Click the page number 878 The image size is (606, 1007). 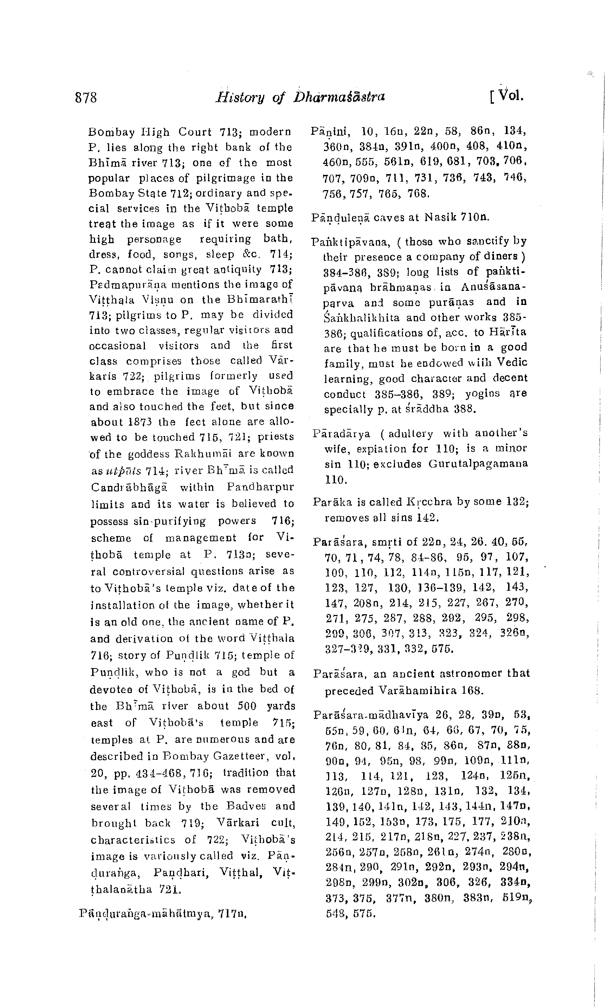coord(86,98)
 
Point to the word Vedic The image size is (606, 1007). coord(512,362)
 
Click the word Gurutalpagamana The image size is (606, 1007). coord(478,464)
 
